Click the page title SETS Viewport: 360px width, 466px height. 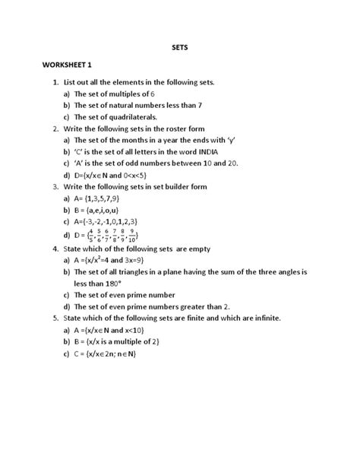pyautogui.click(x=179, y=46)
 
